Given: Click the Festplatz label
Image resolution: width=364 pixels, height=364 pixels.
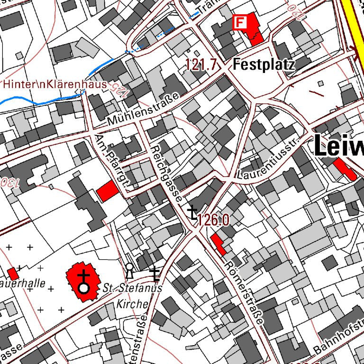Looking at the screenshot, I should (x=264, y=64).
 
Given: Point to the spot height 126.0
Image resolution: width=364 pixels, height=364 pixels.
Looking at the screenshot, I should (x=214, y=220).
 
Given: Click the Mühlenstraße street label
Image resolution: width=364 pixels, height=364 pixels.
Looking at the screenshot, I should (x=143, y=109).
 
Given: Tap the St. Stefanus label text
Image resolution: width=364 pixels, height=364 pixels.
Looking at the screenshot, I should (x=132, y=288).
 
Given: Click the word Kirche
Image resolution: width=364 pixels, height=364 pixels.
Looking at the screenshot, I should (x=132, y=304).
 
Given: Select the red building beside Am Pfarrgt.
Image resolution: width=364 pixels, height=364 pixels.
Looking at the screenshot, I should (x=107, y=190).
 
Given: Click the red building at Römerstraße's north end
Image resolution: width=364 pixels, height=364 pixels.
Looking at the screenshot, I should (x=218, y=244).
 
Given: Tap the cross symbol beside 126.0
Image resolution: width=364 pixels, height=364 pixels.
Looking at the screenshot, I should (x=192, y=212).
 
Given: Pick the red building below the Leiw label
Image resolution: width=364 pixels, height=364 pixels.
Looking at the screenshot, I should (x=345, y=169).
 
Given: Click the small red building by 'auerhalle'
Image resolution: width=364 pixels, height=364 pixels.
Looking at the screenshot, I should (x=13, y=273).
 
